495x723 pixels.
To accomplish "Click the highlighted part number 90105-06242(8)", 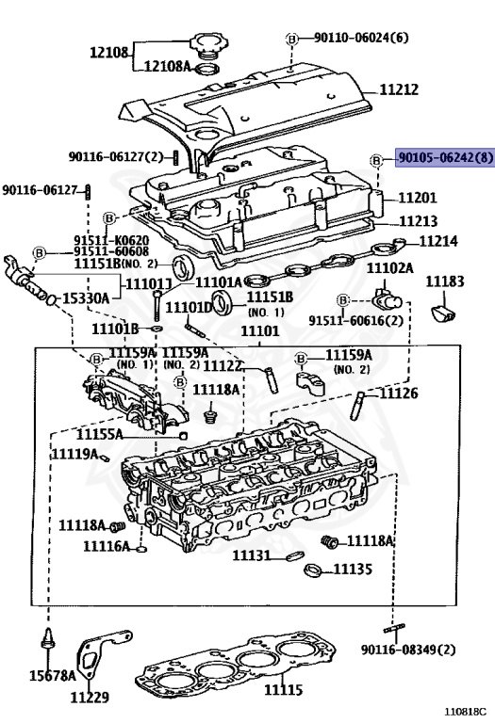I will tap(444, 158).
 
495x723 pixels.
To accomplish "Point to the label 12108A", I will tap(167, 67).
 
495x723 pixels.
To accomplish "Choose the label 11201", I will tap(417, 198).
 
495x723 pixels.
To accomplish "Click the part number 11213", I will tap(418, 221).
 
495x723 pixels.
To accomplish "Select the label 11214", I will tap(437, 242).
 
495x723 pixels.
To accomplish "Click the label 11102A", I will tap(389, 268).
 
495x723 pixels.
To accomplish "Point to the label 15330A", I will tap(86, 298).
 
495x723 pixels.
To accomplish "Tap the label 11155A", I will tap(126, 435).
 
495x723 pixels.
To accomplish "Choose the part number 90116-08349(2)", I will tap(407, 650).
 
